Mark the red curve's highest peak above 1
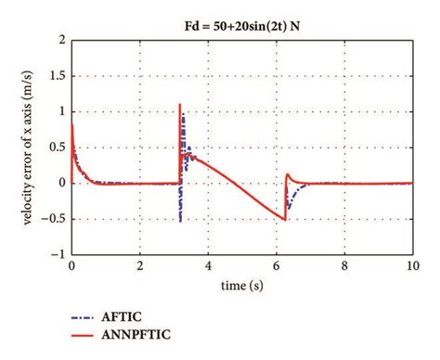180,104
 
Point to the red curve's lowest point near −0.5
284,218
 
